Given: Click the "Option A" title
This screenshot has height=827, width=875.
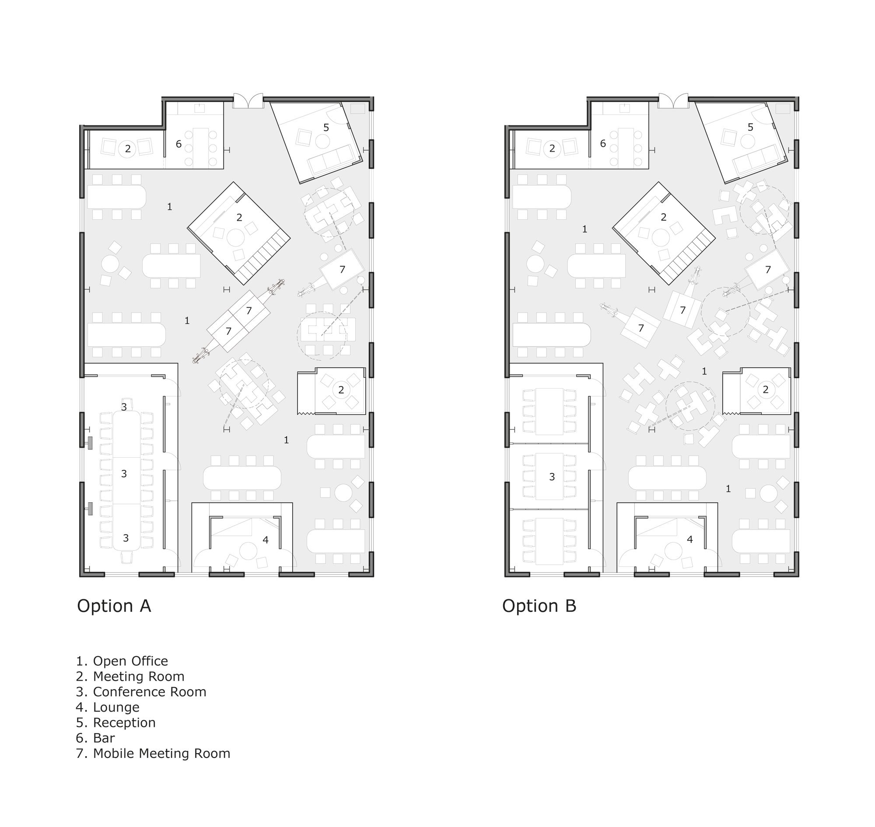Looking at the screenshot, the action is [114, 606].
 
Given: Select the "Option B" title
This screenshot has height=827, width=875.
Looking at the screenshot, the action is [539, 606].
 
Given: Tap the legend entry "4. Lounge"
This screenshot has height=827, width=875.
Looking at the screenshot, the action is [108, 707].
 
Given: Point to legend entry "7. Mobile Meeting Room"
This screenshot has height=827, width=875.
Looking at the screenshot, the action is [153, 754].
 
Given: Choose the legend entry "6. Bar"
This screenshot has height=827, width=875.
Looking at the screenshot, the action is [95, 738].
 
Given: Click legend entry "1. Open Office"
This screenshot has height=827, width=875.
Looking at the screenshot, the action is [122, 661].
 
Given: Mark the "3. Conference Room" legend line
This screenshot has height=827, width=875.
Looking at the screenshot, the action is [141, 691].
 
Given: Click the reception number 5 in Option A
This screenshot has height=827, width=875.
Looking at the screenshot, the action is [326, 127].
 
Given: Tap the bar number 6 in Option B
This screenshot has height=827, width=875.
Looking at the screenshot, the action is [603, 144].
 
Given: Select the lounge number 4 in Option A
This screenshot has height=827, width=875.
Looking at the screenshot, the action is [266, 539].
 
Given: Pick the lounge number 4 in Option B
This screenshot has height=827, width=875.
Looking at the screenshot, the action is [690, 539].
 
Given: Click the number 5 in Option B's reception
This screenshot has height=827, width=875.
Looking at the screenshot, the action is [751, 127].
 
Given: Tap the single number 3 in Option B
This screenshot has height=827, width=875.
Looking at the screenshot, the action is [552, 476].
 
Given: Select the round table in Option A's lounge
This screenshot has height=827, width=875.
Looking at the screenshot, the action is [248, 551].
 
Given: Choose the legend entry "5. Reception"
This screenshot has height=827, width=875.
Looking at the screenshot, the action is [115, 723].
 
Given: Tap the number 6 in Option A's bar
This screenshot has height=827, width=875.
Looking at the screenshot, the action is [178, 144].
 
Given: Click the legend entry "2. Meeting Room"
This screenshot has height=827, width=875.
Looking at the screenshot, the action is [130, 676].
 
